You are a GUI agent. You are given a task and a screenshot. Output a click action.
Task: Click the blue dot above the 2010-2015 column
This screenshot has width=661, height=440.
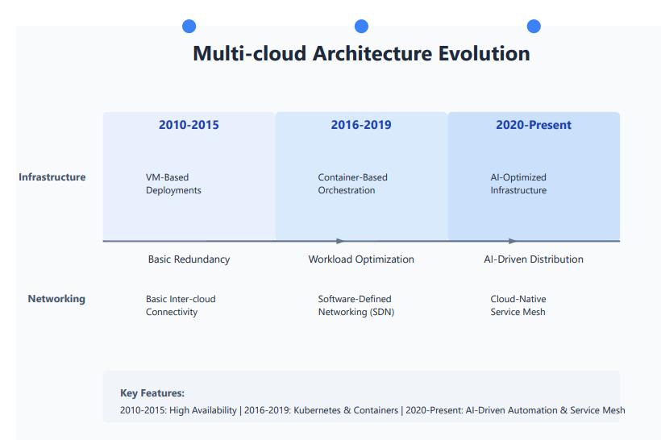click(189, 26)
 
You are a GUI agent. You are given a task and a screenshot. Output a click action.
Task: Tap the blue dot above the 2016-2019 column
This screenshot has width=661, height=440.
click(361, 26)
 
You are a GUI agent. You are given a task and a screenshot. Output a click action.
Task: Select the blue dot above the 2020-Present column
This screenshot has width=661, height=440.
click(534, 26)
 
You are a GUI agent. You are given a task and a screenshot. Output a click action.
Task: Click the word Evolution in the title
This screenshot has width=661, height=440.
click(484, 53)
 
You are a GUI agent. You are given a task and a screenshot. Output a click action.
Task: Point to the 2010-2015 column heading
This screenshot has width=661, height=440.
click(189, 125)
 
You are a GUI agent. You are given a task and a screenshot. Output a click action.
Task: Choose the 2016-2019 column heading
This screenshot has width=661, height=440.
click(361, 125)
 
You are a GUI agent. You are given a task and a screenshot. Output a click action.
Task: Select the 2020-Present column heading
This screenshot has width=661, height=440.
click(534, 125)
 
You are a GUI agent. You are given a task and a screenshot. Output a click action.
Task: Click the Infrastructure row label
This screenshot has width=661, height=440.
click(52, 177)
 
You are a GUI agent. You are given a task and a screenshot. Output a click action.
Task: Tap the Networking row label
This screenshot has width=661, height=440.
click(56, 299)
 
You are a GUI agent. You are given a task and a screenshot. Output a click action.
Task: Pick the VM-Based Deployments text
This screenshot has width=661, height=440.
click(173, 184)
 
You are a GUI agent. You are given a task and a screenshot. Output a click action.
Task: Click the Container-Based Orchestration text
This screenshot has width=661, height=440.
click(352, 184)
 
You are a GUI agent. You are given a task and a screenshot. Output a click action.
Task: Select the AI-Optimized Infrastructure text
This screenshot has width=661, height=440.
click(518, 184)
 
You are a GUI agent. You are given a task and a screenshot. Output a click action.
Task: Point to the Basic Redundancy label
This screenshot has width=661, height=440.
click(189, 259)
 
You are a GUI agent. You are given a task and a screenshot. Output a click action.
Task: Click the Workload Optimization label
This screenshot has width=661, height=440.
click(361, 259)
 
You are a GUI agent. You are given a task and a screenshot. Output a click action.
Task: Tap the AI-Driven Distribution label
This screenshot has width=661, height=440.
click(534, 259)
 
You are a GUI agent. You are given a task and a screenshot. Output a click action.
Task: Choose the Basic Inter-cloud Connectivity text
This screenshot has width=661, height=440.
click(181, 305)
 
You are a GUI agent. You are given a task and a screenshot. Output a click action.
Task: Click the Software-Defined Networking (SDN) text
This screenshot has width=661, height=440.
click(356, 305)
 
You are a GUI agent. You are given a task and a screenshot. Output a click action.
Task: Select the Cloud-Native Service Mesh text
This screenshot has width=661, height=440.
click(518, 305)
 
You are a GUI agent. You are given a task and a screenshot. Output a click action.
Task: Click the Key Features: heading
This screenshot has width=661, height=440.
click(152, 393)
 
